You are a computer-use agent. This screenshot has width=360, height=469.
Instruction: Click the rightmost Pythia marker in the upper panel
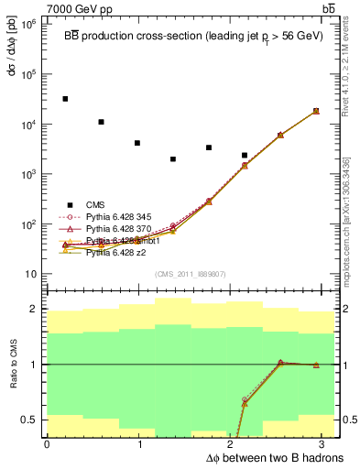(316, 111)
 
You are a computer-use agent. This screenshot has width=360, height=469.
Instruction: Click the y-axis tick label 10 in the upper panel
(29, 274)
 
